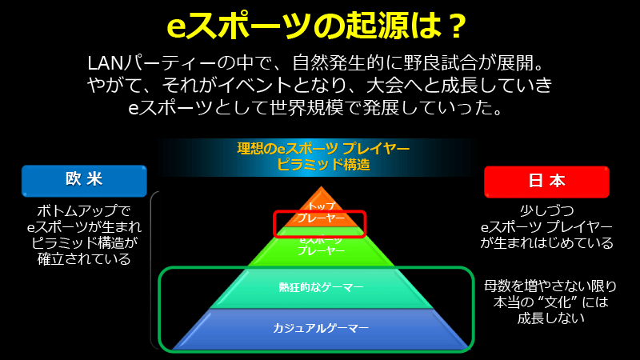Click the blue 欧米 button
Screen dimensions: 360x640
[x=84, y=180]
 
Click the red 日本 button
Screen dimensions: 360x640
[x=546, y=181]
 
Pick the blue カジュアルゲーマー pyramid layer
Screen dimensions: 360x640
[x=320, y=328]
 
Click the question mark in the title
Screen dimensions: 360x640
[x=454, y=26]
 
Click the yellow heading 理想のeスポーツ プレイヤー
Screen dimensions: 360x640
[x=323, y=150]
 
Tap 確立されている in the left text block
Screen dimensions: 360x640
[x=83, y=259]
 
